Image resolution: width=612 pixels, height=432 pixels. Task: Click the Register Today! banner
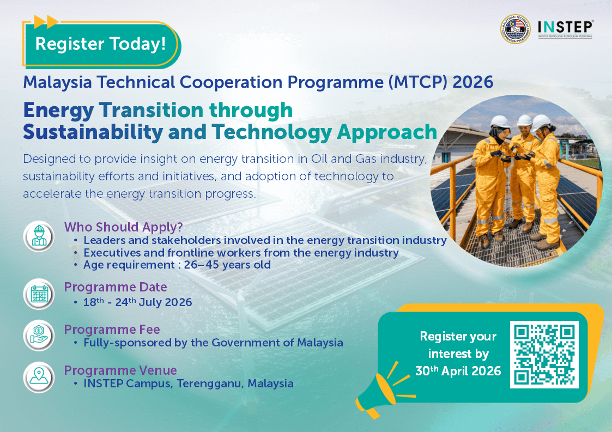pyautogui.click(x=100, y=44)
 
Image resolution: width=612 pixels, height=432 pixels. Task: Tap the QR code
pyautogui.click(x=544, y=355)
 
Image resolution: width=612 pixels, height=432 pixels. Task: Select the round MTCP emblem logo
pyautogui.click(x=516, y=29)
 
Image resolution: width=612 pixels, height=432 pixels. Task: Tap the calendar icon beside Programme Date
pyautogui.click(x=39, y=295)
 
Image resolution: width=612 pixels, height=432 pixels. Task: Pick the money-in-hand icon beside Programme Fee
pyautogui.click(x=39, y=336)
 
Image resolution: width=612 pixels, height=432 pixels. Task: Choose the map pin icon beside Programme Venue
pyautogui.click(x=39, y=376)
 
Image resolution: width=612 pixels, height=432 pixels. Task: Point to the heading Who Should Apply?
pyautogui.click(x=124, y=227)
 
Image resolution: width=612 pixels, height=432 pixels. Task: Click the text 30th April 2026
pyautogui.click(x=458, y=371)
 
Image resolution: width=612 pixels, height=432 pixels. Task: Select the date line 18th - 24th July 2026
pyautogui.click(x=137, y=302)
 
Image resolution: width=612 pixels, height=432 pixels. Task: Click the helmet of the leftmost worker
pyautogui.click(x=500, y=121)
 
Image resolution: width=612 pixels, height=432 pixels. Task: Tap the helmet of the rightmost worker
pyautogui.click(x=542, y=121)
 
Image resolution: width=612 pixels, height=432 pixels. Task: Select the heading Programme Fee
pyautogui.click(x=112, y=329)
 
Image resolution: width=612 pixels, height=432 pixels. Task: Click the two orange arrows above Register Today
pyautogui.click(x=46, y=22)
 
